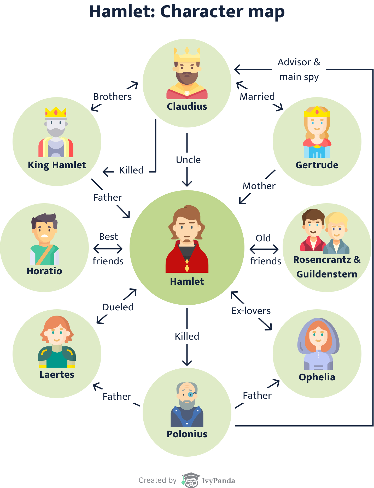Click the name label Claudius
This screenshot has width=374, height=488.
pyautogui.click(x=187, y=107)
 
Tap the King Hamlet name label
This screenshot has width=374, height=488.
pyautogui.click(x=57, y=165)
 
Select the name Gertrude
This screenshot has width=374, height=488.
pyautogui.click(x=317, y=165)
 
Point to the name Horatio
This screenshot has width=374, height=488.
pyautogui.click(x=44, y=271)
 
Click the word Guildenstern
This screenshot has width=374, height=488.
pyautogui.click(x=327, y=274)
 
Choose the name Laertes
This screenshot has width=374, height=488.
pyautogui.click(x=57, y=375)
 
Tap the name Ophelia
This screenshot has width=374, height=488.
pyautogui.click(x=317, y=377)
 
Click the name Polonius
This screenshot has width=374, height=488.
pyautogui.click(x=187, y=434)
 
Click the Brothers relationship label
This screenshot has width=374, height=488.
pyautogui.click(x=113, y=97)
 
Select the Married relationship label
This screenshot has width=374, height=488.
pyautogui.click(x=257, y=97)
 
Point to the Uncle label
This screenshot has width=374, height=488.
pyautogui.click(x=188, y=160)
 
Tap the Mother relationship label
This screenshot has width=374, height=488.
pyautogui.click(x=259, y=186)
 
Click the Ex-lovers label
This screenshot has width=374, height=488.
pyautogui.click(x=251, y=311)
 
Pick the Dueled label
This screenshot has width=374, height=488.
pyautogui.click(x=118, y=307)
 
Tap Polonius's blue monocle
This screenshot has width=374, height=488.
pyautogui.click(x=191, y=394)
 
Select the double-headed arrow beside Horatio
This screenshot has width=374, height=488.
pyautogui.click(x=108, y=249)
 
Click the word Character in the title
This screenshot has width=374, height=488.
pyautogui.click(x=202, y=12)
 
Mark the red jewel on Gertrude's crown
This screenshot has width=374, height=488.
pyautogui.click(x=317, y=112)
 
